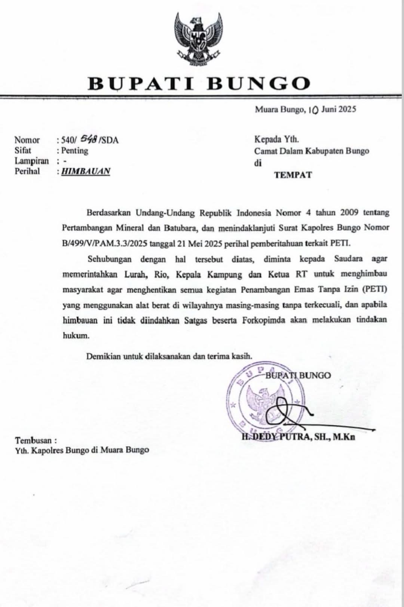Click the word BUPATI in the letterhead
click(x=141, y=83)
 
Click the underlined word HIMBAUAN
click(x=86, y=171)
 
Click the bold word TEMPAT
click(x=293, y=175)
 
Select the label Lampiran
click(x=32, y=161)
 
